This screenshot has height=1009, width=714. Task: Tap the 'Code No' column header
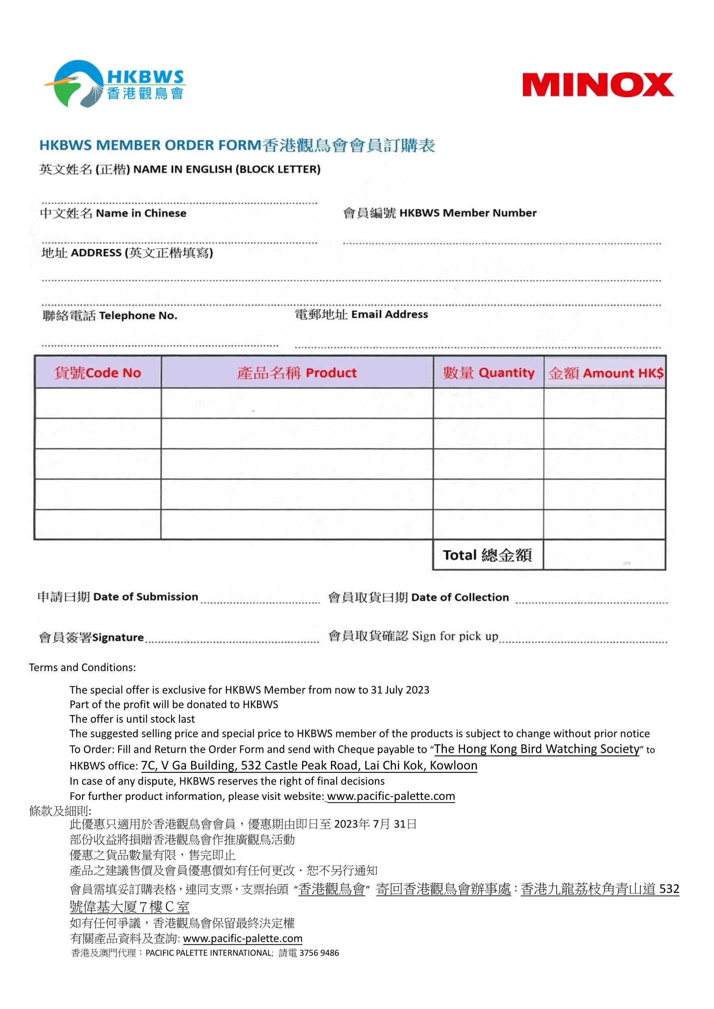[x=98, y=373]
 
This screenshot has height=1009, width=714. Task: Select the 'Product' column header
[x=297, y=373]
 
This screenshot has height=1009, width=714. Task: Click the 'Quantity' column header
[x=488, y=373]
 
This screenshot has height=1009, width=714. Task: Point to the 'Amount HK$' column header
[x=605, y=373]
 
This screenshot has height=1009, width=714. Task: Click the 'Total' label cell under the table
[x=487, y=555]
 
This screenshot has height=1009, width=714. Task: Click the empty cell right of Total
[x=604, y=555]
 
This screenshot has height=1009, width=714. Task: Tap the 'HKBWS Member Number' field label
[x=440, y=213]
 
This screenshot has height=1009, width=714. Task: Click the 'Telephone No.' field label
[x=110, y=316]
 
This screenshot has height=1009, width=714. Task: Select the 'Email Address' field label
[x=361, y=315]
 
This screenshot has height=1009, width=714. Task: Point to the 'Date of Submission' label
[x=118, y=597]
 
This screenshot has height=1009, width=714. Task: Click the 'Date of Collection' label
[x=418, y=597]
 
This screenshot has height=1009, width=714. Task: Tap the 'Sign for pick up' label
[x=413, y=636]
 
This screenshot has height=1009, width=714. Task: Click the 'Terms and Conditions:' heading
[x=82, y=667]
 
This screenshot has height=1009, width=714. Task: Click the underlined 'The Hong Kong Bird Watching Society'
[x=536, y=748]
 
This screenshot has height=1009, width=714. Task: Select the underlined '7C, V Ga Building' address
[x=309, y=765]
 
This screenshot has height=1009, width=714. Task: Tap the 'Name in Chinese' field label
[x=113, y=213]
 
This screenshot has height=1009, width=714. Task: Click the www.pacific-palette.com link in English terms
[x=390, y=796]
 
